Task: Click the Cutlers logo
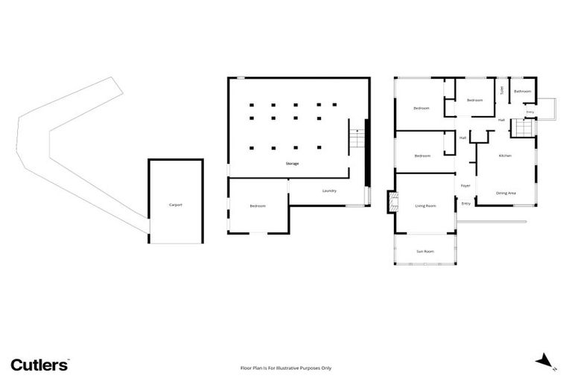pos(39,365)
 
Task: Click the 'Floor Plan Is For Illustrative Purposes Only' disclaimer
pos(286,368)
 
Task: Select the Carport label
pos(176,205)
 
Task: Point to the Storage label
pos(292,163)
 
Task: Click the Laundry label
pos(329,190)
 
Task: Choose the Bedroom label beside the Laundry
pos(258,205)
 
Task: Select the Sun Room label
pos(425,252)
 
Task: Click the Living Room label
pos(425,205)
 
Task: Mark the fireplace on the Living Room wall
pos(390,202)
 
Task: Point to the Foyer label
pos(465,185)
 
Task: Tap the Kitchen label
pos(505,156)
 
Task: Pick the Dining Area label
pos(506,193)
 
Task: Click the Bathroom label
pos(523,92)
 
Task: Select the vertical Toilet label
pos(502,90)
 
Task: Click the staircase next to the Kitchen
pos(524,129)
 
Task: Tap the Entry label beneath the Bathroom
pos(530,112)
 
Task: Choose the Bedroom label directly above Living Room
pos(422,156)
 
